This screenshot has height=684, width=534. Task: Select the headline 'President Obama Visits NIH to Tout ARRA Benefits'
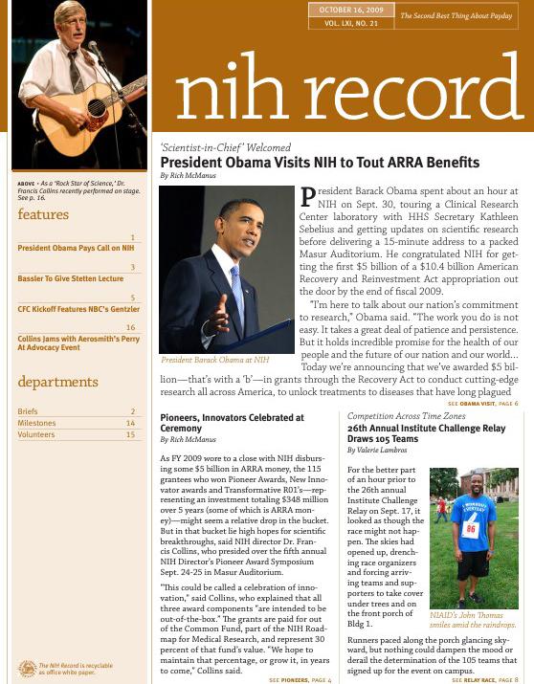coord(320,164)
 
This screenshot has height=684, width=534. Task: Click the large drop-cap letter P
coord(308,197)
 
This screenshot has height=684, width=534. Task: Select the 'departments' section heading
coord(58,383)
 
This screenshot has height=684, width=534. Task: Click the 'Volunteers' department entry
coord(36,435)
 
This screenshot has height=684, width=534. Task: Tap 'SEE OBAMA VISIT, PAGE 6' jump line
coord(482,404)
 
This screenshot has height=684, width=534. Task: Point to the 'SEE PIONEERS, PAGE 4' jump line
coord(300,679)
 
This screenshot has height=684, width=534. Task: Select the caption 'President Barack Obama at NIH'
coord(215,360)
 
